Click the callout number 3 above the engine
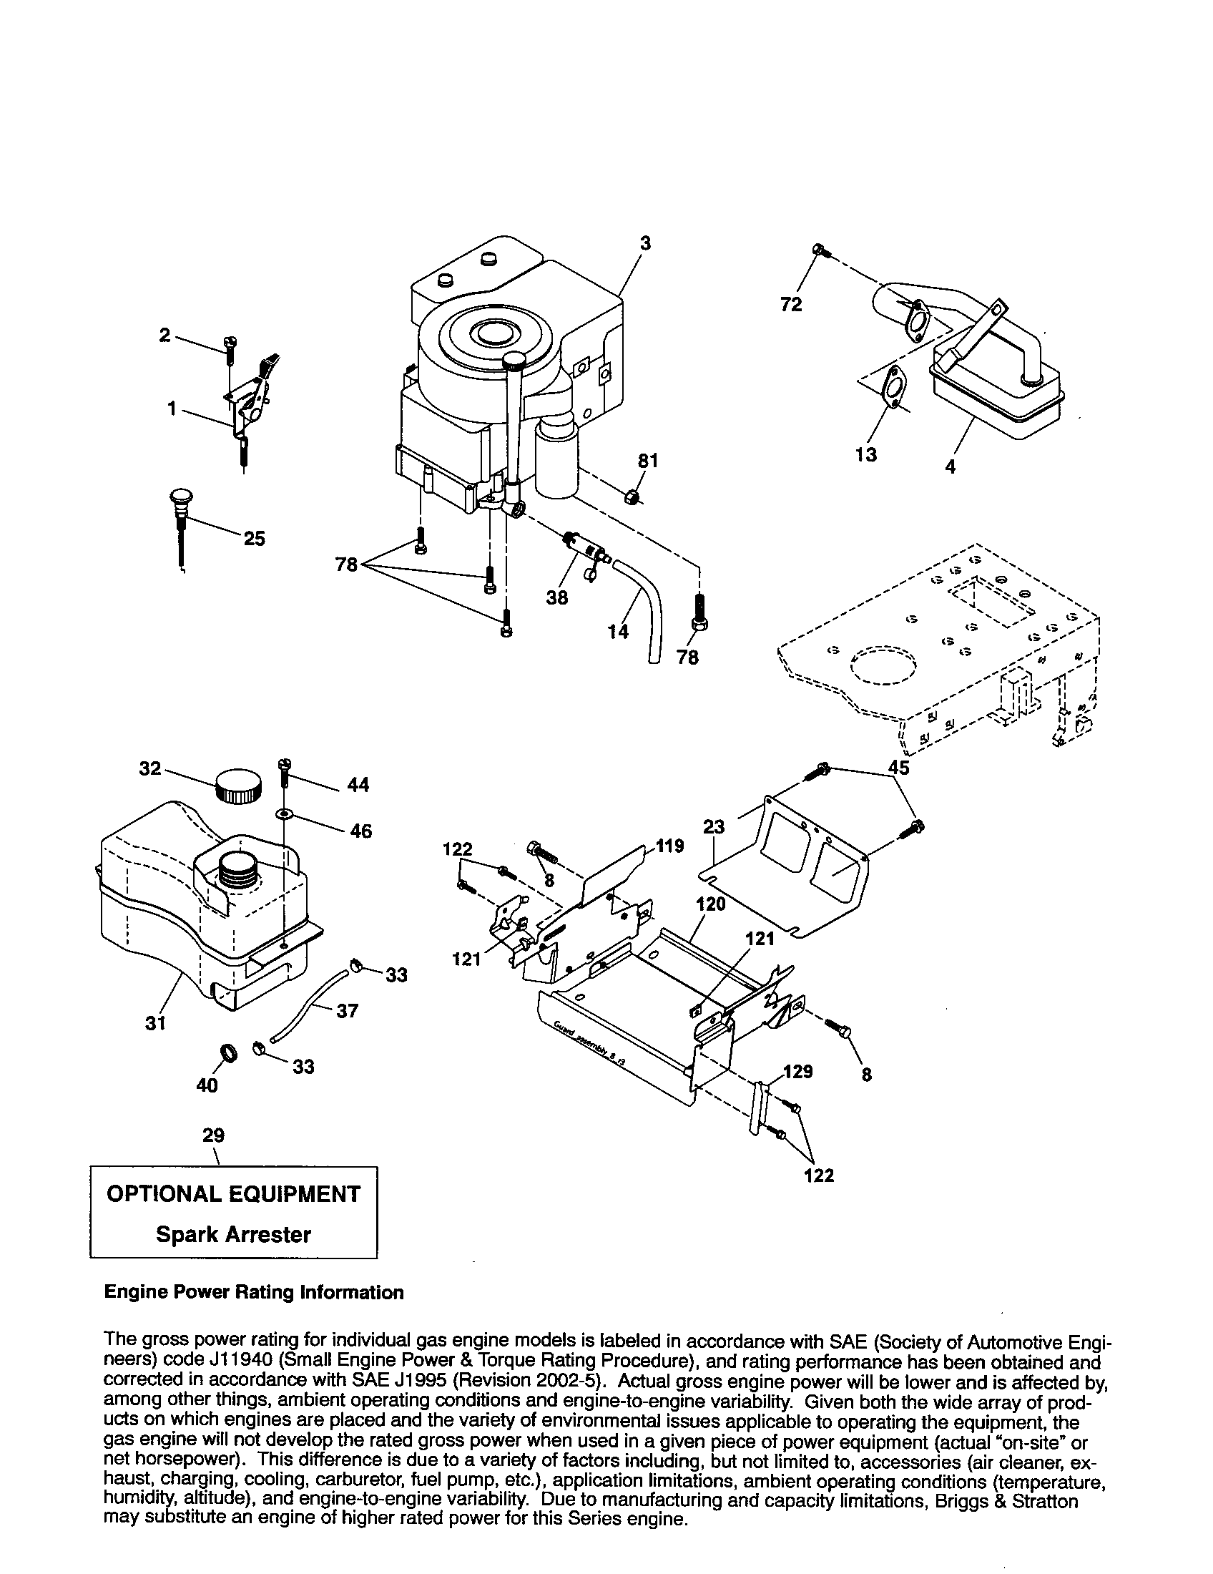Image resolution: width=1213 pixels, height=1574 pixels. click(x=644, y=243)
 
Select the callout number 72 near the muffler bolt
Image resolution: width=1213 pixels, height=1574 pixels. click(x=791, y=305)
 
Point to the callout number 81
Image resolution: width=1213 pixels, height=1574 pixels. click(x=648, y=461)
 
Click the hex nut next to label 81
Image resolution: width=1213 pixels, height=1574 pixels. click(x=631, y=497)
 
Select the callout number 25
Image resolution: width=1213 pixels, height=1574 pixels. click(x=255, y=538)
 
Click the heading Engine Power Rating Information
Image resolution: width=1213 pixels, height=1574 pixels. click(x=254, y=1292)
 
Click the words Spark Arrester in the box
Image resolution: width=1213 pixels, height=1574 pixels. click(x=233, y=1235)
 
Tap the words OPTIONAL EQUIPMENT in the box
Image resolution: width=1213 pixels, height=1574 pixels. click(x=233, y=1194)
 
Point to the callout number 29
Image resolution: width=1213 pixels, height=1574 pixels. click(x=213, y=1136)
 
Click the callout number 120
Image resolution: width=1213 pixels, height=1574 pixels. click(x=711, y=904)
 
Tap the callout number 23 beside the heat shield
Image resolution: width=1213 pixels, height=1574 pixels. click(x=713, y=826)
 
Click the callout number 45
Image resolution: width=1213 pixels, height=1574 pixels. click(x=898, y=768)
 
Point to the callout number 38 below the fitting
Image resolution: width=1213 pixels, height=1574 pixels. click(x=557, y=597)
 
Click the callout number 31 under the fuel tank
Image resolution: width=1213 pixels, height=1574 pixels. click(x=156, y=1022)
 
